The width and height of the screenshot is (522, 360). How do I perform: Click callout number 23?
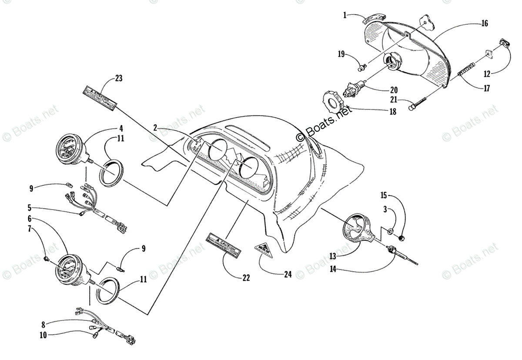click(x=119, y=79)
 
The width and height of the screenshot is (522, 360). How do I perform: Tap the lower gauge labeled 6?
click(x=71, y=270)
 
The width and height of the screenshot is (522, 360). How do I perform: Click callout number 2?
click(x=155, y=128)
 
